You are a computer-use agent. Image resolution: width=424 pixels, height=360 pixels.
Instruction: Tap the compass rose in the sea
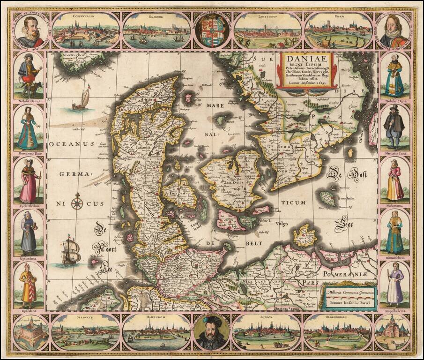coord(78,203)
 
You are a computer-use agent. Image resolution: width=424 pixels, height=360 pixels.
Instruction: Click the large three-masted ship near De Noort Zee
coord(71,251)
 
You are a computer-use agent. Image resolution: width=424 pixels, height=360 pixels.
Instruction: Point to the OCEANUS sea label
coord(72,144)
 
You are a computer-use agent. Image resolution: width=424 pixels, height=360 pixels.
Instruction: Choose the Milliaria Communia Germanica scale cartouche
coord(348,296)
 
